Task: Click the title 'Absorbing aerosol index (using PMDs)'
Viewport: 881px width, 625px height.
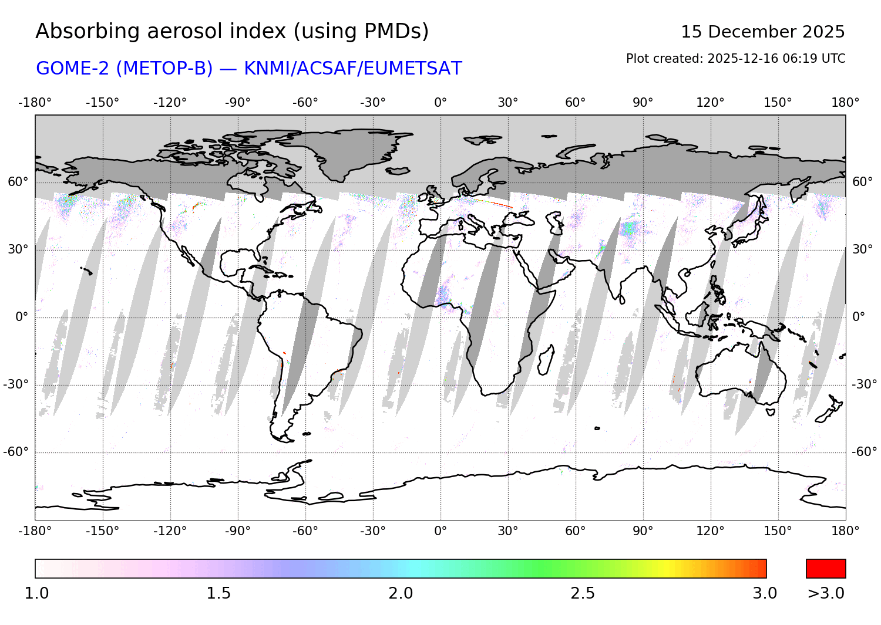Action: (232, 31)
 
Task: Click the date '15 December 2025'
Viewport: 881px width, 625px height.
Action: (762, 32)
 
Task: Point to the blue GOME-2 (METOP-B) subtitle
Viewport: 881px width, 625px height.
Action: (249, 68)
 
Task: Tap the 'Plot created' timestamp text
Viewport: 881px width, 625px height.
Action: (735, 59)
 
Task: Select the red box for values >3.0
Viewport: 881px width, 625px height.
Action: (826, 569)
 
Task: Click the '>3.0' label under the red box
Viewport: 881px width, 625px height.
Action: (826, 593)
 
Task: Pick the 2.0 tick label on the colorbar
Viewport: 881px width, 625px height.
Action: (401, 593)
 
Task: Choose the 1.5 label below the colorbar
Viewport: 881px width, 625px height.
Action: (218, 593)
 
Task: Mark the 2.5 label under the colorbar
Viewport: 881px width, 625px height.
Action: (583, 593)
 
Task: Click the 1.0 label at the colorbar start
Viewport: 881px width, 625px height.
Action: (36, 593)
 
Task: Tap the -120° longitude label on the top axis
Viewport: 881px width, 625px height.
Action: (170, 103)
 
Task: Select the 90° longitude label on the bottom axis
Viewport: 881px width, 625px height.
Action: (643, 531)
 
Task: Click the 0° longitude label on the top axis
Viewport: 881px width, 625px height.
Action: (441, 103)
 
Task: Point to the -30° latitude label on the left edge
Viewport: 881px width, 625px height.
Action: (16, 384)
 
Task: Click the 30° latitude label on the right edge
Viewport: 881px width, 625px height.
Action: (862, 249)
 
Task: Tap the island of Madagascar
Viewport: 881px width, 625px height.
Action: (546, 359)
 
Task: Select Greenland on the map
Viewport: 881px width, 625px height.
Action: (347, 150)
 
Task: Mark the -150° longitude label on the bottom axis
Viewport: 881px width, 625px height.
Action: (102, 531)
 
